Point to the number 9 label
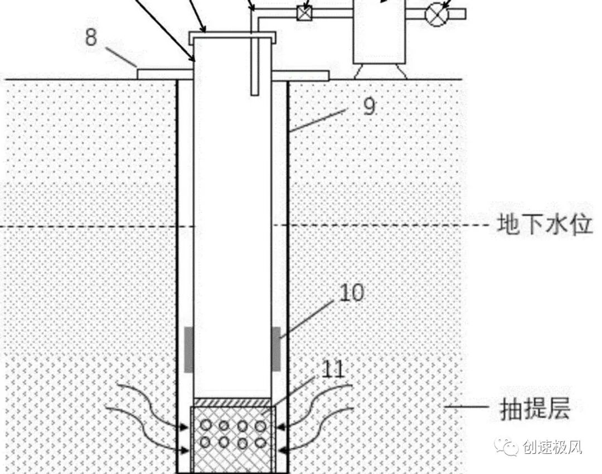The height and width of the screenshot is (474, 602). click(368, 106)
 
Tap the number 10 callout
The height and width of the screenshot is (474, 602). click(350, 292)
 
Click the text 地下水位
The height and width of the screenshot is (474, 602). click(544, 226)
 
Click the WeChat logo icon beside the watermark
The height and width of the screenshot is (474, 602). click(508, 447)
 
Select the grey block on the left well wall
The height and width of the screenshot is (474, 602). click(189, 349)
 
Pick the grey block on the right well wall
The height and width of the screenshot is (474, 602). click(276, 349)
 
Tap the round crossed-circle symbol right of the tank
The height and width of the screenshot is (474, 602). click(436, 12)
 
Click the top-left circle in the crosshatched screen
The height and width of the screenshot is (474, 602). click(206, 425)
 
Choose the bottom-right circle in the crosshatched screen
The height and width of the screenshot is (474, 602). click(260, 443)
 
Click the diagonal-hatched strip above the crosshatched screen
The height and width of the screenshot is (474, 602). click(232, 402)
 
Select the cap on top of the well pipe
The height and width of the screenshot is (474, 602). click(232, 37)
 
